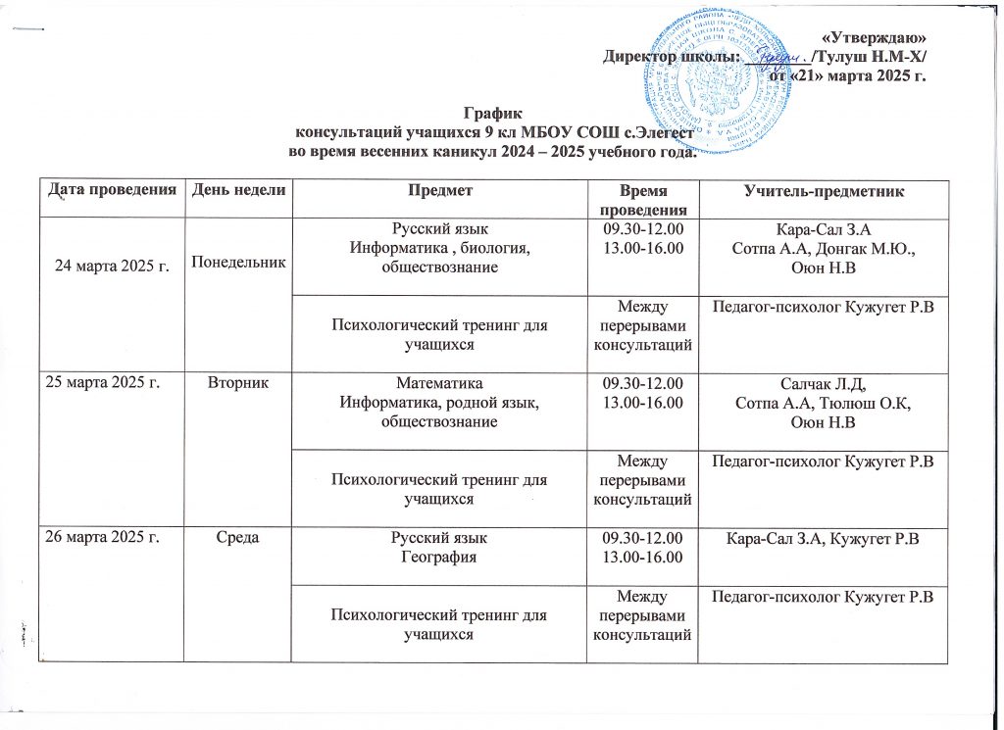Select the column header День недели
(x=239, y=188)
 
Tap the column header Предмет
(x=439, y=188)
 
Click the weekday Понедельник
(x=239, y=263)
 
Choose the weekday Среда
(x=239, y=535)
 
